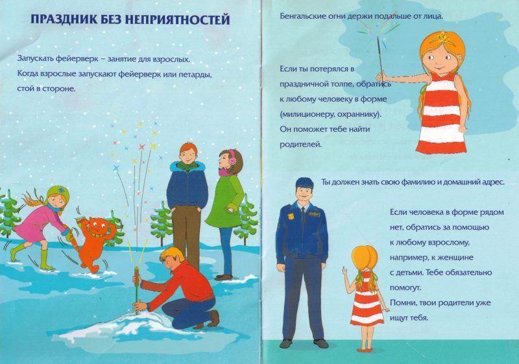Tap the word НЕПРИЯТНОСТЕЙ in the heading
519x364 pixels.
coord(178,19)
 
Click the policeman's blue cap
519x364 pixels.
coord(304,182)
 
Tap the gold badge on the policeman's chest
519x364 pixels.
coord(291,217)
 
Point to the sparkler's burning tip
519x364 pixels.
coord(378,38)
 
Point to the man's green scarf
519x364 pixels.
coord(187,165)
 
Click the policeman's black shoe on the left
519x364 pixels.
coord(287,343)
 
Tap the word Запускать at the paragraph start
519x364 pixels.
coord(35,60)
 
